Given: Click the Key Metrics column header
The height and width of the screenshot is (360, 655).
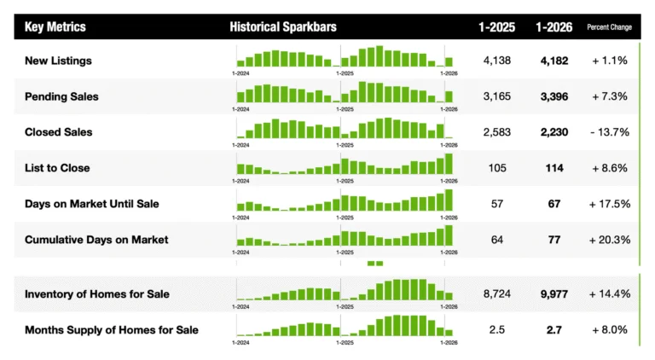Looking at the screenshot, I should coord(55,27).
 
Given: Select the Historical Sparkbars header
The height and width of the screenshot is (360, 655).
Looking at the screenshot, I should coord(283,27).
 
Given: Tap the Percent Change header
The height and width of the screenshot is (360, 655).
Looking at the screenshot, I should coord(609,27).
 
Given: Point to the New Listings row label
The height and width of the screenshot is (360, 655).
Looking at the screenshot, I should coord(59,61).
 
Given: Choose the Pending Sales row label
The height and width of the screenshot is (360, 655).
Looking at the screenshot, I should coord(61,96).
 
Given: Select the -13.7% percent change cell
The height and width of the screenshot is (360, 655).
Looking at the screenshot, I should coord(609,132).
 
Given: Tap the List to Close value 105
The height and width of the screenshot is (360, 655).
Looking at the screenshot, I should coord(497,168).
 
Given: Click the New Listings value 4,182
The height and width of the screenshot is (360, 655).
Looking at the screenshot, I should coord(554,61).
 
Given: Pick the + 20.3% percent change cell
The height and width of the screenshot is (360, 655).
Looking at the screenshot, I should coord(609,240).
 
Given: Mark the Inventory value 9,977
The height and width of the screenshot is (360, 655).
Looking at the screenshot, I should coord(554,293).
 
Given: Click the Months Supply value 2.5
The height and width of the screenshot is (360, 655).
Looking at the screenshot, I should coord(497,329).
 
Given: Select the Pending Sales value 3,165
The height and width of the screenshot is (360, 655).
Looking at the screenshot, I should coord(496,96).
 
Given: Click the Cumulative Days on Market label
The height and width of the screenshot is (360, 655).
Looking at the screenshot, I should coord(96,240).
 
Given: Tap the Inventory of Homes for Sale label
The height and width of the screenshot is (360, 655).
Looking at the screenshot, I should coord(96,293).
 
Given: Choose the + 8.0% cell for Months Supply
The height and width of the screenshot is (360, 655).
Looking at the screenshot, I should coord(609,329).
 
